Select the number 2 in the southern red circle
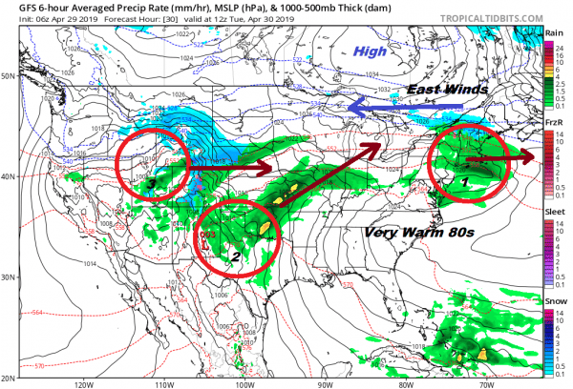235,256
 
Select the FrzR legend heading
554,124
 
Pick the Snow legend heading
554,300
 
